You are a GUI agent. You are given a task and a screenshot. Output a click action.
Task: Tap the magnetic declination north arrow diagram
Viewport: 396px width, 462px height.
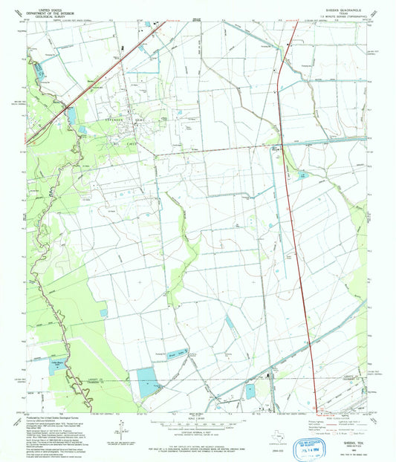119,429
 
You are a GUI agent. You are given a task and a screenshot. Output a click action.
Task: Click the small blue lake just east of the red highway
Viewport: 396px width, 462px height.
303,176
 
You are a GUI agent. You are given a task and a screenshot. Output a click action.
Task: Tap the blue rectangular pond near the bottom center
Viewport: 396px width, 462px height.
250,390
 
